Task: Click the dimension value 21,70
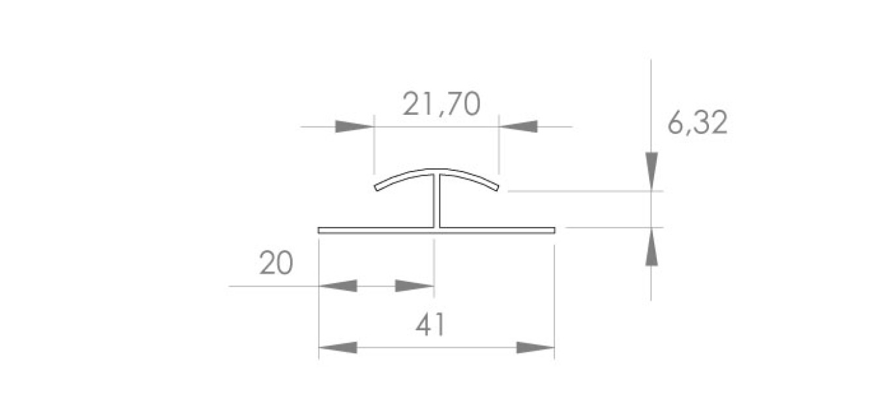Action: (x=442, y=104)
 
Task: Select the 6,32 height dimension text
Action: (x=697, y=123)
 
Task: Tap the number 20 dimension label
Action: (x=276, y=264)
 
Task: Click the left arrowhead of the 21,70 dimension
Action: (x=354, y=127)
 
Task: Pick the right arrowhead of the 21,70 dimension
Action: (x=519, y=127)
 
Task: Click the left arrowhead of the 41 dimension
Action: (x=339, y=347)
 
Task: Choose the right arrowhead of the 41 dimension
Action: (x=535, y=347)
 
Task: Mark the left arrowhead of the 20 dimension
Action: (x=337, y=286)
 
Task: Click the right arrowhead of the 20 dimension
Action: (x=415, y=286)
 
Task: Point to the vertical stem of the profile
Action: (x=435, y=202)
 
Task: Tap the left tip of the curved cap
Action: (x=377, y=188)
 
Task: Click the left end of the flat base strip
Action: (x=320, y=230)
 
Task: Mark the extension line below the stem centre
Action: (x=434, y=261)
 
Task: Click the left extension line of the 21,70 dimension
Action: (x=374, y=147)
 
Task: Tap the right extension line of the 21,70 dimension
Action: (x=498, y=147)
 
